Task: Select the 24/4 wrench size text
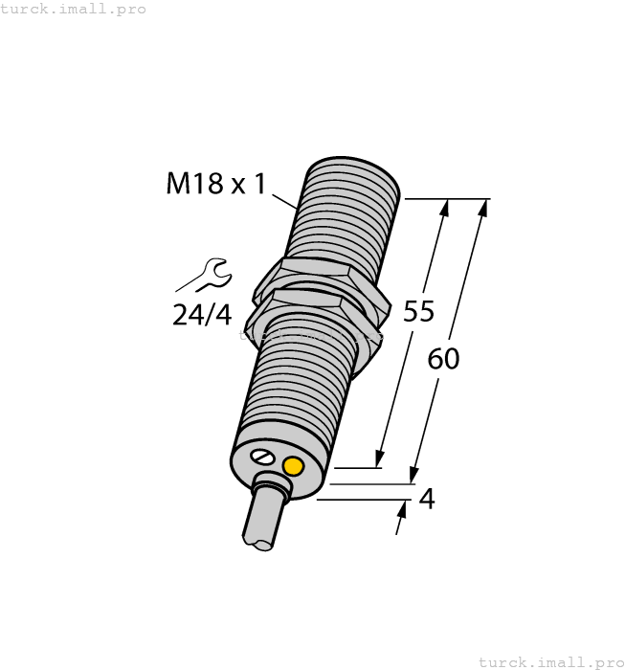point(202,314)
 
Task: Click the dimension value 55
point(418,311)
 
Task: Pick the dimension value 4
point(427,499)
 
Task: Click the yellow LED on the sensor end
point(293,466)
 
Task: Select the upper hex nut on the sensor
point(325,278)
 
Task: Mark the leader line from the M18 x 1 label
point(285,202)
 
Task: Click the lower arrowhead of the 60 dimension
point(413,475)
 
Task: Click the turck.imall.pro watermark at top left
point(74,9)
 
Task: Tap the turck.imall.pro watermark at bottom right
point(550,661)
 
